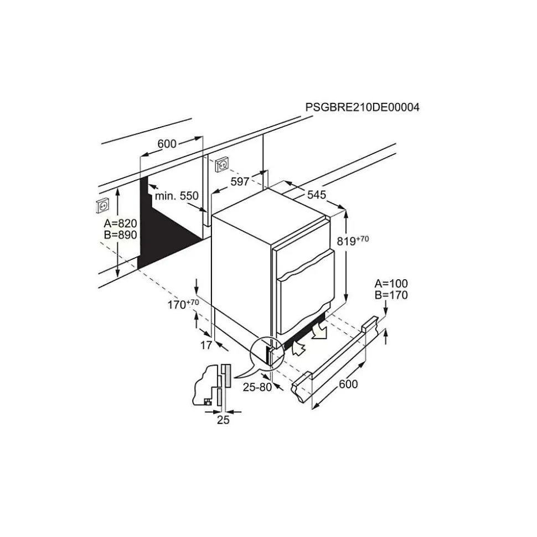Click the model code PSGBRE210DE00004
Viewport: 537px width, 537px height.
pos(362,107)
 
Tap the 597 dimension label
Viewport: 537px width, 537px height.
pos(240,181)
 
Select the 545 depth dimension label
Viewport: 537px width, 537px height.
pos(316,195)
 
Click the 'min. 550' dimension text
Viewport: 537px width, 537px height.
pos(177,196)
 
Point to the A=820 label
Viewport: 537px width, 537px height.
pos(120,223)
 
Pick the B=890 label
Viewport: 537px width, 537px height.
pos(120,235)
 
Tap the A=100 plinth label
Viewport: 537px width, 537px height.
pos(391,283)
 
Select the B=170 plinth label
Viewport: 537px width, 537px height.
pos(391,295)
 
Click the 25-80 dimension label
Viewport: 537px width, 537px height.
pos(257,387)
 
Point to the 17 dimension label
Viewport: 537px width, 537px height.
pos(206,345)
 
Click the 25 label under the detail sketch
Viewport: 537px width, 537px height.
pos(223,420)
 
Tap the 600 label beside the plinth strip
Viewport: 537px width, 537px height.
pos(348,384)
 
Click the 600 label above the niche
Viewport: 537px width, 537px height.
pos(167,144)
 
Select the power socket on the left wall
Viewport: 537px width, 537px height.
pos(103,206)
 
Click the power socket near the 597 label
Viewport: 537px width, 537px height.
pos(222,164)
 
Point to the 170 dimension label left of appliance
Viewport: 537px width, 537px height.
pos(183,304)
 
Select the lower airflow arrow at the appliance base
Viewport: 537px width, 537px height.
pos(298,348)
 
